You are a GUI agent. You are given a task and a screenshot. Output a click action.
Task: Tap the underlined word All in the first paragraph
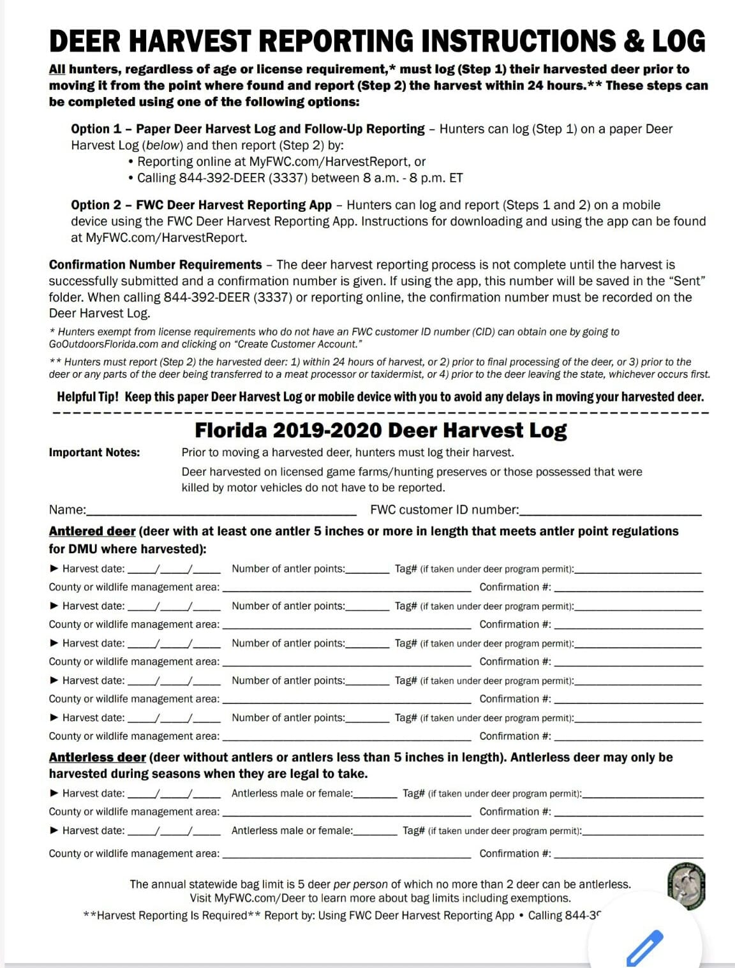[57, 69]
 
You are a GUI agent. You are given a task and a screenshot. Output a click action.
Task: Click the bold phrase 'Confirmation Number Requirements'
[155, 265]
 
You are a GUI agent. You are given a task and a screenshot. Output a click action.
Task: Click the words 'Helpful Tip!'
[87, 397]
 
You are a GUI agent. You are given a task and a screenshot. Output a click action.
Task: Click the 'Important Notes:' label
[94, 452]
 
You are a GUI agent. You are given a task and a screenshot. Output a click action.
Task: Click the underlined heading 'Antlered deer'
[92, 532]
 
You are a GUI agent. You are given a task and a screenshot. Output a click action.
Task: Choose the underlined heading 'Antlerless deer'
[97, 757]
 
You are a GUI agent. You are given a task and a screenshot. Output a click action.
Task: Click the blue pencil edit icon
[644, 948]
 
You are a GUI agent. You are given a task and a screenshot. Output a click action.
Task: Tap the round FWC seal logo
[686, 886]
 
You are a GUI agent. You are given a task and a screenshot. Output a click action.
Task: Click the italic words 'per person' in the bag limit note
[360, 884]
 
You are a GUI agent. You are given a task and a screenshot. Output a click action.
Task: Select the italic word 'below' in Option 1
[162, 145]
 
